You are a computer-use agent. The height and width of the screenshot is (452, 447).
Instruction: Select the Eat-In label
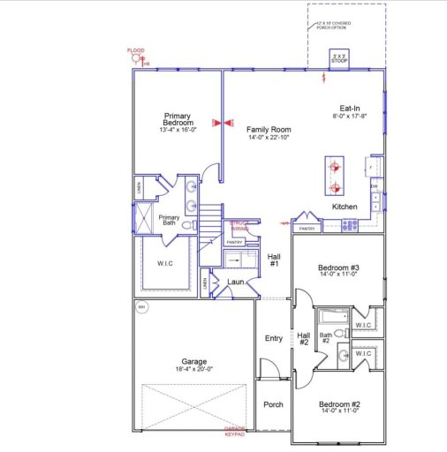click(x=350, y=108)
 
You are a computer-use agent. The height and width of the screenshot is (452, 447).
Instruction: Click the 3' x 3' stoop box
click(x=338, y=59)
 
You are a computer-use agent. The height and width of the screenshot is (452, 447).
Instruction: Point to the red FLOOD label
click(x=135, y=50)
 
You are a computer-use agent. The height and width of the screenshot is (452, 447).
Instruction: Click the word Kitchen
click(x=345, y=207)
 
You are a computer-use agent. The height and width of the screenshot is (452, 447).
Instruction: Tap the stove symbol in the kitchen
click(x=349, y=225)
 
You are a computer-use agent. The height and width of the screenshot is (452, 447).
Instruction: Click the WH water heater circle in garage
click(x=140, y=307)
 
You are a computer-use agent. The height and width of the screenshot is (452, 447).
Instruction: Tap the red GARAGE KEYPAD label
click(x=234, y=431)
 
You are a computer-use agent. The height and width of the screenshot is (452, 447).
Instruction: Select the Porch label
click(x=273, y=405)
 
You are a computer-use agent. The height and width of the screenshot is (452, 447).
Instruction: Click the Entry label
click(x=274, y=338)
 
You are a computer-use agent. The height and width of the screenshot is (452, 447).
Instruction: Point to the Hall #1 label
click(x=274, y=260)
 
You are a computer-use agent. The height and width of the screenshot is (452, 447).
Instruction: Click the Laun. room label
click(x=235, y=282)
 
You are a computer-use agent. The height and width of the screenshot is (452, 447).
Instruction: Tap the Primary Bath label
click(x=169, y=221)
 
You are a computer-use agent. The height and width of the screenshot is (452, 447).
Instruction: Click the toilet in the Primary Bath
click(x=189, y=225)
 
